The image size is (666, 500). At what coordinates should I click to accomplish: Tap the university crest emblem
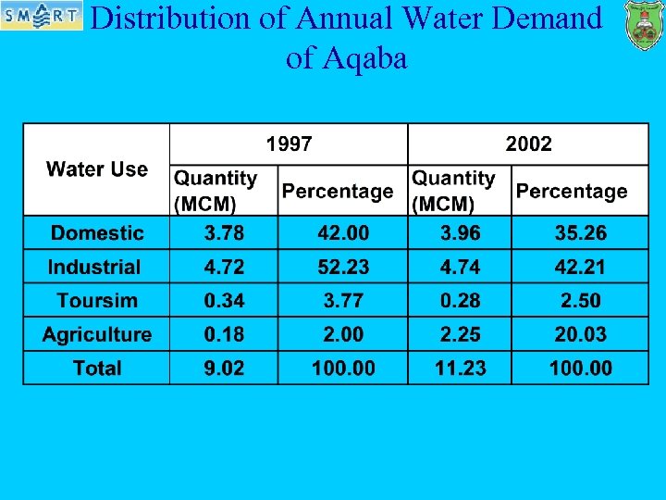coord(643,25)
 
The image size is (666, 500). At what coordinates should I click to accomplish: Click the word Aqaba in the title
coord(366,58)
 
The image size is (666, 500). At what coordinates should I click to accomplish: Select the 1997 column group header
coord(289,144)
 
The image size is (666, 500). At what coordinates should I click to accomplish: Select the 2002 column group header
coord(528,144)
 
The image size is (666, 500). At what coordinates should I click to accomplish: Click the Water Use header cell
coord(97,169)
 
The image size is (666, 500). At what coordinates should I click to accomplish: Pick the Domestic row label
coord(97,233)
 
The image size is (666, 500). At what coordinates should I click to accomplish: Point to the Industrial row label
coord(95,268)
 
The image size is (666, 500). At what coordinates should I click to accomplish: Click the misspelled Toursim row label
coord(97,301)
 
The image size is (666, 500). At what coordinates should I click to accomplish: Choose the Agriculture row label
coord(97,334)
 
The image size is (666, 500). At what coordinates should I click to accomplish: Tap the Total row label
coord(97,368)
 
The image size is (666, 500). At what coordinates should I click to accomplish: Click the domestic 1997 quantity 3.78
coord(224,233)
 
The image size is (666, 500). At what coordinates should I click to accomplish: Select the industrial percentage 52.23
coord(343,268)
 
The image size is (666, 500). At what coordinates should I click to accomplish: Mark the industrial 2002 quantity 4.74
coord(460,268)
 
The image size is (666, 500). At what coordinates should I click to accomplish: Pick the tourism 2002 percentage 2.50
coord(580,301)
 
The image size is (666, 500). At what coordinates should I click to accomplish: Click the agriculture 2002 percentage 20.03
coord(580,334)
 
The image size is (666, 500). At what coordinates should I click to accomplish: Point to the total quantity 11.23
coord(460,368)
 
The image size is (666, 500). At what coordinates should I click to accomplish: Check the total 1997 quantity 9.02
coord(224,368)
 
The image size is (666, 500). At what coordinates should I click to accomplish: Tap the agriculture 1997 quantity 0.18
coord(224,334)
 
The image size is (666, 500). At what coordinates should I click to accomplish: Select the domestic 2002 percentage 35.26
coord(580,233)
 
